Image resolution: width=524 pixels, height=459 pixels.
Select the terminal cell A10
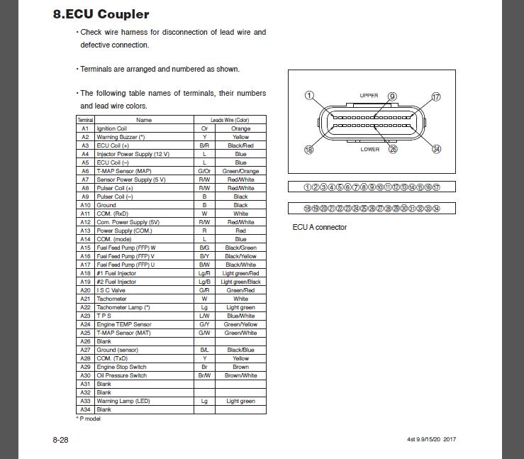pyautogui.click(x=85, y=204)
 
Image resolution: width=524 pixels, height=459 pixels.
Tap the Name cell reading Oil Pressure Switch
pyautogui.click(x=122, y=375)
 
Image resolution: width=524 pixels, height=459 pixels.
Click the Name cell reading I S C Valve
pyautogui.click(x=112, y=289)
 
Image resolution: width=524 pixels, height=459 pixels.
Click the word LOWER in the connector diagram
pyautogui.click(x=370, y=150)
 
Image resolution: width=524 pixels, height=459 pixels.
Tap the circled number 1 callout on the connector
pyautogui.click(x=308, y=96)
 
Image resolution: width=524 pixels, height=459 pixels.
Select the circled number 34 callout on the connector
pyautogui.click(x=436, y=149)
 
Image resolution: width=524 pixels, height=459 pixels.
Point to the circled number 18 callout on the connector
pyautogui.click(x=308, y=149)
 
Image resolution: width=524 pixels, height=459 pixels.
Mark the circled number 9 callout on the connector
pyautogui.click(x=392, y=96)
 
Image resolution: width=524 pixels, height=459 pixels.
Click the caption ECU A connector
pyautogui.click(x=320, y=228)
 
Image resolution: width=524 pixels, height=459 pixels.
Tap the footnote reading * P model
pyautogui.click(x=89, y=419)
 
